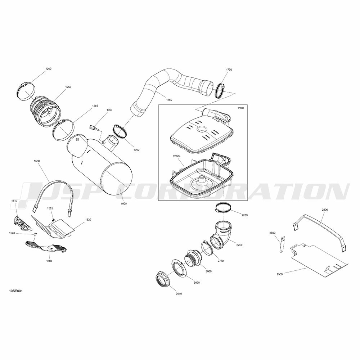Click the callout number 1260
click(x=49, y=69)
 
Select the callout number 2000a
click(x=177, y=156)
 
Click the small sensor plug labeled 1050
click(x=94, y=128)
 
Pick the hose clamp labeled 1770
click(x=220, y=90)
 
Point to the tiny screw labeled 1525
click(x=53, y=220)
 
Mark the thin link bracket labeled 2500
click(x=282, y=244)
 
